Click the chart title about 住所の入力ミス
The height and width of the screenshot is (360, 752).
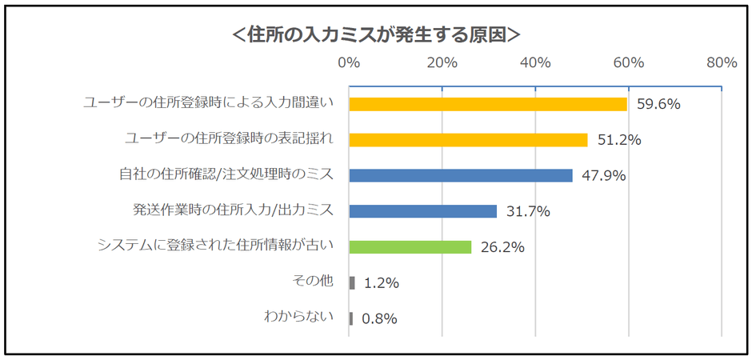pos(375,34)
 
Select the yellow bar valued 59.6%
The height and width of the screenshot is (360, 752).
pos(488,104)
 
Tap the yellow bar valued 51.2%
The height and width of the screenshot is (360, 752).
pos(468,140)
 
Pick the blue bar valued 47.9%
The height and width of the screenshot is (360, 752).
pos(461,175)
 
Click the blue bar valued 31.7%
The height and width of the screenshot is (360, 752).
pos(423,211)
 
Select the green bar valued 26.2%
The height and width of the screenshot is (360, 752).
pos(410,247)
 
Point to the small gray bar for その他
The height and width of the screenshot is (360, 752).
pos(352,282)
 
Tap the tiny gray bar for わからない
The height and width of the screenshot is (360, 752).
pos(351,318)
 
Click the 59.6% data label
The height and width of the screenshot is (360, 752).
pos(658,104)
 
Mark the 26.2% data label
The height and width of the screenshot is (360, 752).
pos(502,247)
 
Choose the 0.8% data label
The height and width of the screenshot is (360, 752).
pos(379,318)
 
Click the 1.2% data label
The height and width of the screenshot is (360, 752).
pos(381,282)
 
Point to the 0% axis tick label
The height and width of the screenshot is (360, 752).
pos(349,63)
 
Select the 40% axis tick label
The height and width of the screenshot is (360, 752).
pos(535,63)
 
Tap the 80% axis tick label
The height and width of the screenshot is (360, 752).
pos(722,63)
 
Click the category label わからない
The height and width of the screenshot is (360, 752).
pos(298,317)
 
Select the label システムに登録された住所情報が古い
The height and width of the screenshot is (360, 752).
pos(214,246)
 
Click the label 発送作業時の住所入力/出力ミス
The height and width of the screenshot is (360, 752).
pos(232,210)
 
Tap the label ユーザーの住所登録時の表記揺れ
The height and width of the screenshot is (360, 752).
pos(228,138)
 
